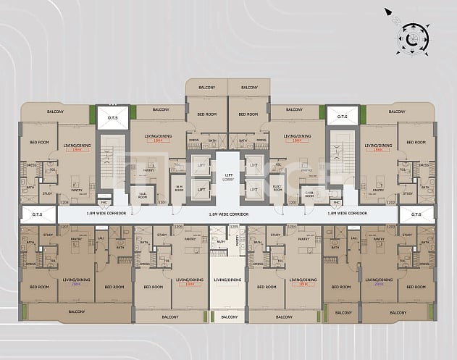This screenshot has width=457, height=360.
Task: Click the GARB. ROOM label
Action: pyautogui.click(x=309, y=194)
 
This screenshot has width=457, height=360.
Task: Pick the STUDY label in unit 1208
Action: pyautogui.click(x=48, y=193)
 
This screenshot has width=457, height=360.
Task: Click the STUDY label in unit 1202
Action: pyautogui.click(x=408, y=193)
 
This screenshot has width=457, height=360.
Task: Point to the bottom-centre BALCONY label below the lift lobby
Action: pyautogui.click(x=229, y=317)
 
